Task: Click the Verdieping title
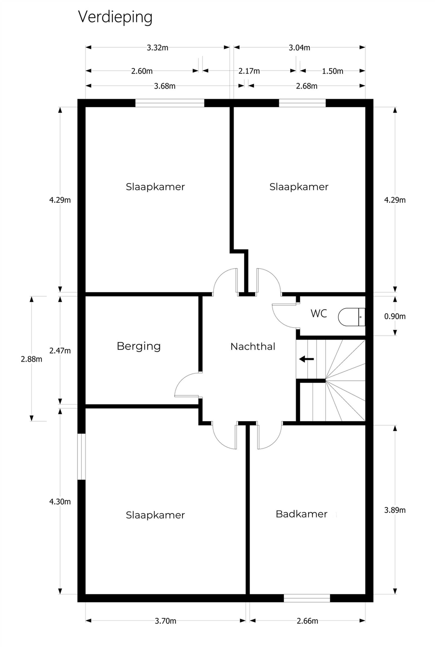coord(115,17)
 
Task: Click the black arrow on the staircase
coord(306,359)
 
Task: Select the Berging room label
coord(139,346)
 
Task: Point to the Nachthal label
coord(253,347)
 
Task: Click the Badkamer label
coord(301,514)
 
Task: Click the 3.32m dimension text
coord(157,48)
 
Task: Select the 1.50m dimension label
coord(332,71)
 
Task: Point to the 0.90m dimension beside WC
coord(395,316)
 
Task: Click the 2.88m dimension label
coord(31,359)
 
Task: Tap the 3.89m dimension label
coord(395,510)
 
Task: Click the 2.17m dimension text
coord(249,71)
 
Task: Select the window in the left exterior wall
coord(81,457)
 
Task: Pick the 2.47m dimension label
coord(60,351)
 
